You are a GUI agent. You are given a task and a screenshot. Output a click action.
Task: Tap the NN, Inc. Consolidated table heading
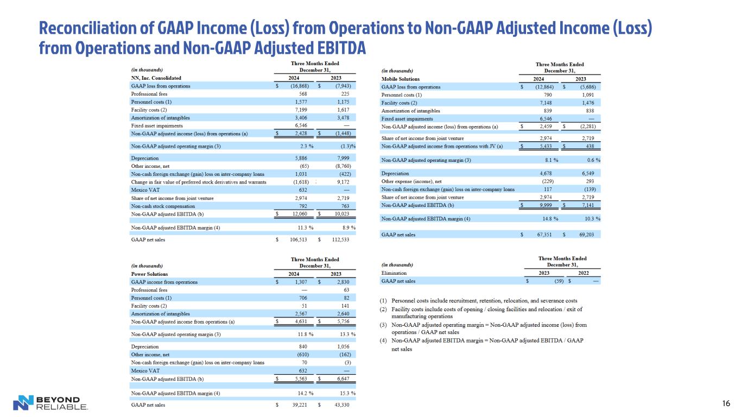point(157,78)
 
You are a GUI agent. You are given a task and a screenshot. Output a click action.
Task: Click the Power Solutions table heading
point(150,274)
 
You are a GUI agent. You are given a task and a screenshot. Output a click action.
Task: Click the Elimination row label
point(394,273)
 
